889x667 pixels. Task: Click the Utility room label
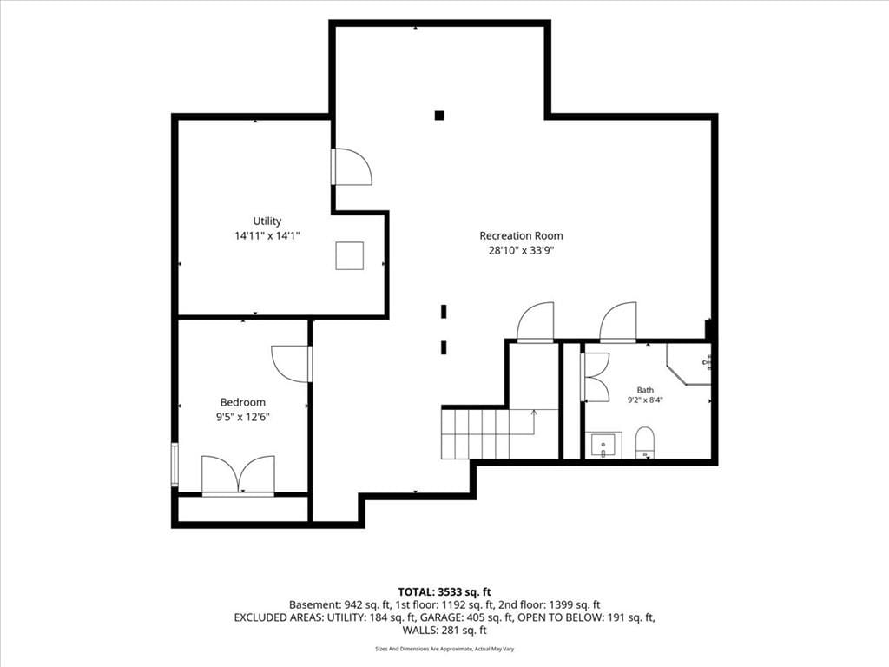267,221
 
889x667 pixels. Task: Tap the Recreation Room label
521,235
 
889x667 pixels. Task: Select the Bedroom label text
243,402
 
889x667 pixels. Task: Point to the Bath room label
645,390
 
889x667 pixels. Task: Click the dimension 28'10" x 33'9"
521,250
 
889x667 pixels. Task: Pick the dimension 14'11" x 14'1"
267,235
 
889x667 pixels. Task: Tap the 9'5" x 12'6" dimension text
243,417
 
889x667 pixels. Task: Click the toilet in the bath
645,442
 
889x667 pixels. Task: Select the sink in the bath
603,445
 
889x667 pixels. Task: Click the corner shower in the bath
688,364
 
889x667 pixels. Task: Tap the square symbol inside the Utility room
349,256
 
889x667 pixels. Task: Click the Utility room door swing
352,167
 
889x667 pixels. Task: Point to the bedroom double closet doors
238,475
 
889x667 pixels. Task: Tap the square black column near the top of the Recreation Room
439,116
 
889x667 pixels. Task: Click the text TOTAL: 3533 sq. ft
444,592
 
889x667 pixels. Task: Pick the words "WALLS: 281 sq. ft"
444,631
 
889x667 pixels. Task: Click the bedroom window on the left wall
175,465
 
